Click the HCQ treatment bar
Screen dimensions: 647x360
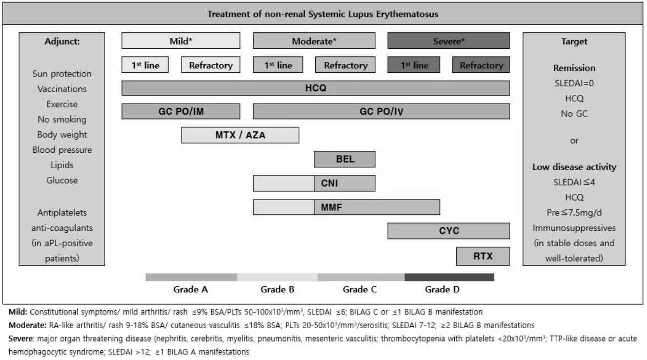pos(315,88)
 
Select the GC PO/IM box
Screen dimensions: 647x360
pos(181,111)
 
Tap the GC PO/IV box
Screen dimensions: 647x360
pos(381,111)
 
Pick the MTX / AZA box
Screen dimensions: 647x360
pos(240,135)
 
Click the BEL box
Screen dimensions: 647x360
pos(345,159)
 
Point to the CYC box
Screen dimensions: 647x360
pos(449,231)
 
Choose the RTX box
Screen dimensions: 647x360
pos(483,256)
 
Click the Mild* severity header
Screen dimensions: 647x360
pos(181,41)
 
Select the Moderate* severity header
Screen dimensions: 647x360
pos(314,41)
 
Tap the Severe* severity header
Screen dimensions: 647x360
pos(449,41)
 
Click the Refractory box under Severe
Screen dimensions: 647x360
pos(481,65)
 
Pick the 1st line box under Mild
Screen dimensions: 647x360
pos(145,65)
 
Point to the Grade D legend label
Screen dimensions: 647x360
pos(442,290)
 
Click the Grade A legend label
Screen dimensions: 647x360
pos(191,290)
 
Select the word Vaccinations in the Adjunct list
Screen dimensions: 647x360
pos(62,89)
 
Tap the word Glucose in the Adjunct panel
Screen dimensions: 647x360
pos(62,181)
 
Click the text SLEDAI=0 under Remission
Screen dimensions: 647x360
pos(574,84)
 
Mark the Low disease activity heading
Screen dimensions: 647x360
pos(574,167)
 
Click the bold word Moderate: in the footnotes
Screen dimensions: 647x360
pos(28,325)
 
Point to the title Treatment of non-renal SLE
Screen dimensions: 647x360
pos(322,14)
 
